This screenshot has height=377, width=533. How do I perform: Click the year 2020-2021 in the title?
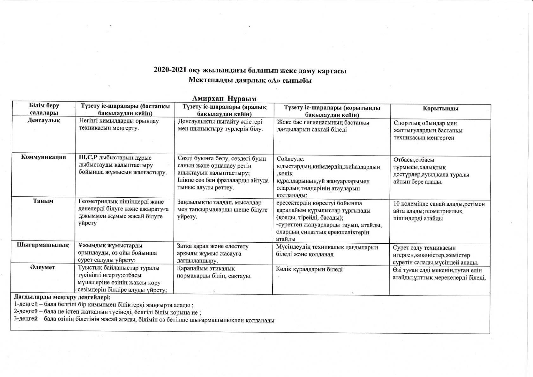tap(170, 71)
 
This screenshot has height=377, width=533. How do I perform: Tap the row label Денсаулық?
tap(44, 120)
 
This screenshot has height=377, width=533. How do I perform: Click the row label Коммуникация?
tap(43, 157)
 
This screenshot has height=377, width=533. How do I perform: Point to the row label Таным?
tap(43, 201)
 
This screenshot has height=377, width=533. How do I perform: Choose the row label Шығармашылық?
tap(43, 246)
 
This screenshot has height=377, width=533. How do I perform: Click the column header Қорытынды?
tap(440, 108)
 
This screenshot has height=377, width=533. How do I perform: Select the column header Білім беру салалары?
tap(44, 109)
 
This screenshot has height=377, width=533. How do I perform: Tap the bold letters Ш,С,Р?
tap(88, 158)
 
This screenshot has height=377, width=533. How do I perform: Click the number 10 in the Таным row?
tap(397, 204)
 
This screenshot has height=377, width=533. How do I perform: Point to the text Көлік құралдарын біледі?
tap(309, 270)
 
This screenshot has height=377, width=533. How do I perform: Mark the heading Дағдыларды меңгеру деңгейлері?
tap(62, 297)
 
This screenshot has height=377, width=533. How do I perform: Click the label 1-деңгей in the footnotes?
tap(24, 305)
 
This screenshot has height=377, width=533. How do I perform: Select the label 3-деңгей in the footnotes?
tap(24, 320)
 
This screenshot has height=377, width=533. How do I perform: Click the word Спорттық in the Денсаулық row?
tap(407, 123)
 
